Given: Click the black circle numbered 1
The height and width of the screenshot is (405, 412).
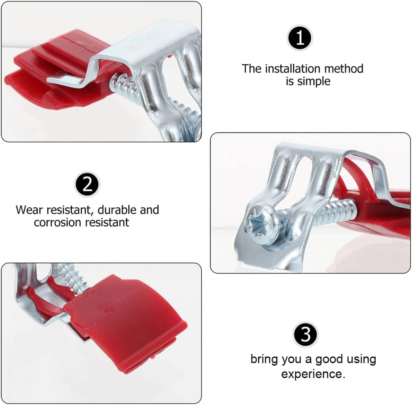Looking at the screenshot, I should (x=300, y=38).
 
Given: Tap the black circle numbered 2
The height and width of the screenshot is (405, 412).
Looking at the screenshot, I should (x=88, y=183).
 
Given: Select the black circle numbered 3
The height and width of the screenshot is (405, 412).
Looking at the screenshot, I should (x=306, y=334).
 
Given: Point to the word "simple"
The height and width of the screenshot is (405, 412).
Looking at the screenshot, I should (x=313, y=82).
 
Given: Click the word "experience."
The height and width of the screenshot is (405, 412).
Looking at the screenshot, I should (x=313, y=374).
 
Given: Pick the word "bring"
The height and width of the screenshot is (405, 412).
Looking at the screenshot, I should (x=264, y=360).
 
